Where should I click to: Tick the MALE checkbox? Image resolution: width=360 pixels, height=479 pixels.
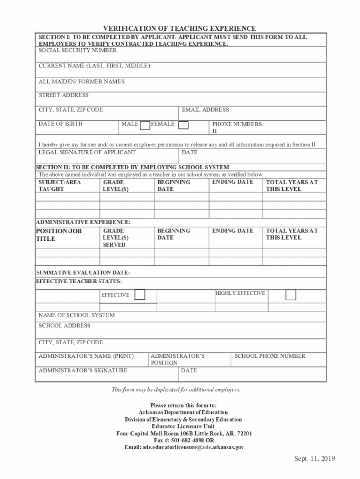[x=145, y=124]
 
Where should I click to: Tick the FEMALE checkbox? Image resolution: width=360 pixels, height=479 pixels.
[x=184, y=124]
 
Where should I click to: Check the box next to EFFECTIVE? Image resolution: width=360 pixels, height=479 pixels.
[x=140, y=295]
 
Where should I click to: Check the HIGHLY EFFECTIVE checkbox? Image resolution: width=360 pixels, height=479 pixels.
[x=291, y=295]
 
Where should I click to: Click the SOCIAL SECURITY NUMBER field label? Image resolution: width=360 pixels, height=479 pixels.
[x=78, y=51]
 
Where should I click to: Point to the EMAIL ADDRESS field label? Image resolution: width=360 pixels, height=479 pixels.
[x=205, y=110]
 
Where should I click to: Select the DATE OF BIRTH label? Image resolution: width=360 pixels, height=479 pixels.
[x=60, y=124]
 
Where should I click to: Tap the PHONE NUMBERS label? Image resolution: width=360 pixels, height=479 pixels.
[x=237, y=124]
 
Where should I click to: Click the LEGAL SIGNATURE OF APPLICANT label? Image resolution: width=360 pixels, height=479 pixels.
[x=87, y=152]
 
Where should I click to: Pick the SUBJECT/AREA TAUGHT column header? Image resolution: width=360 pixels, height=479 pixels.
[x=59, y=186]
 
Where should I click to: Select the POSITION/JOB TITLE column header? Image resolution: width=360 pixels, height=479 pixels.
[x=52, y=235]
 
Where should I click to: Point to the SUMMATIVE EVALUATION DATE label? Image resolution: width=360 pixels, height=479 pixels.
[x=83, y=273]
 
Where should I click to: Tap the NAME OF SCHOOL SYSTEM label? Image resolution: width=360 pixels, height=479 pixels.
[x=76, y=315]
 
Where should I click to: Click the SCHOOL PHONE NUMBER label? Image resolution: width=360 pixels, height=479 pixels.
[x=270, y=356]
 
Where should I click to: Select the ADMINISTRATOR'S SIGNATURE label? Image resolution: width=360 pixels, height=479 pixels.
[x=83, y=370]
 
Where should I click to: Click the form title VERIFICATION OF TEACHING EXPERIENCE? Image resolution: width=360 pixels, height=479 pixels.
[x=180, y=29]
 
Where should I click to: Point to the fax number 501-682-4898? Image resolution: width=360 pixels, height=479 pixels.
[x=185, y=441]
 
